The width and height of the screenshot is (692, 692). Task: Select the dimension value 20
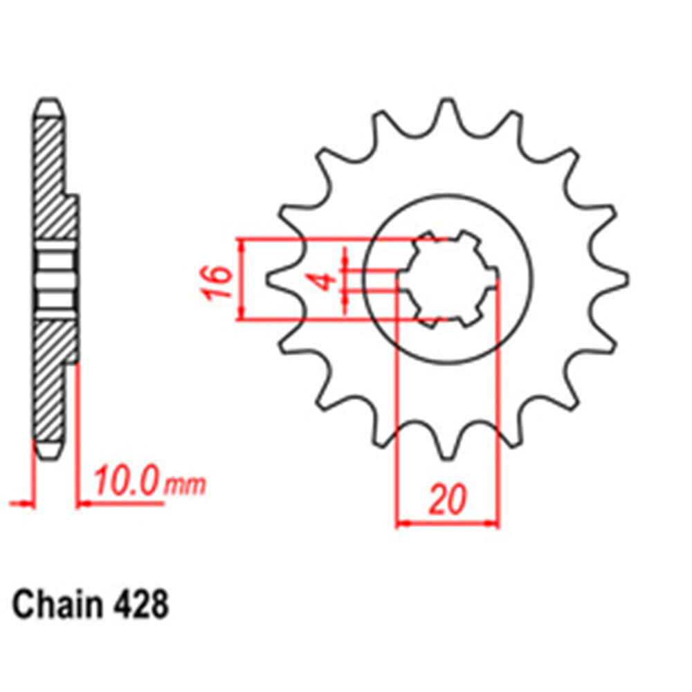(x=446, y=500)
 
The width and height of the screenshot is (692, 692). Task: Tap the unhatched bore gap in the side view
(x=55, y=280)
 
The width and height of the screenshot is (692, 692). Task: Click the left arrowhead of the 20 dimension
(x=401, y=524)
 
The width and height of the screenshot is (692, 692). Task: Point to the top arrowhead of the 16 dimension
(x=241, y=244)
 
